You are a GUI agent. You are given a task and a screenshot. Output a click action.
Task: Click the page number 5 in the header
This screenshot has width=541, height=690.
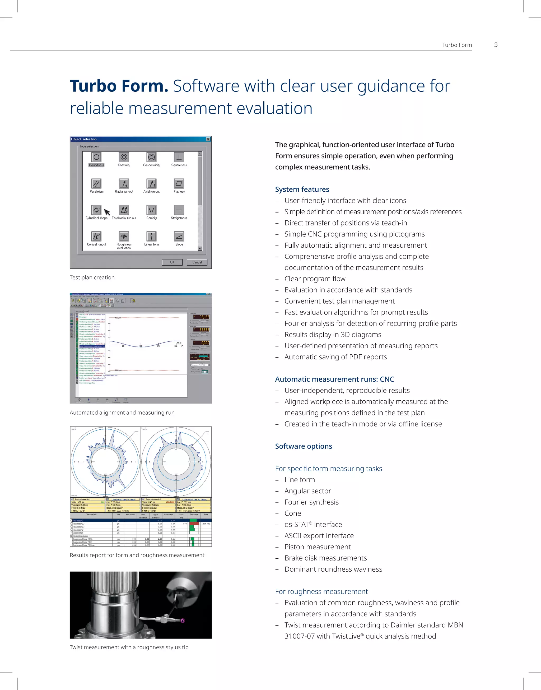(x=496, y=45)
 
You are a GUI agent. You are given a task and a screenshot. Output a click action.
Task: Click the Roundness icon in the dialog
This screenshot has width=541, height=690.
(x=96, y=157)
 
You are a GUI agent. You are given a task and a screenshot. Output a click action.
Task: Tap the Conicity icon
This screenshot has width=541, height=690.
(x=151, y=210)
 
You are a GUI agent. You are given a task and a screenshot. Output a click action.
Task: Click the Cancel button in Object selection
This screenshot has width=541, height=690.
(x=197, y=262)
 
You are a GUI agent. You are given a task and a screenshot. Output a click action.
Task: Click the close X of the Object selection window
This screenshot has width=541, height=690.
(x=208, y=139)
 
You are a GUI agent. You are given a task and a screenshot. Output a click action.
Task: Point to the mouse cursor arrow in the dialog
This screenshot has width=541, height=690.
(x=107, y=212)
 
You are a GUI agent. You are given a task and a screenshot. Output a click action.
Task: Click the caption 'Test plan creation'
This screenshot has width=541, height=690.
(x=92, y=277)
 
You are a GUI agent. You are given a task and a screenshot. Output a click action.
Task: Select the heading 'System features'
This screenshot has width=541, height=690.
(x=302, y=189)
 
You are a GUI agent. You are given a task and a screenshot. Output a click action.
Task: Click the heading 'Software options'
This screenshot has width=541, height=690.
(x=304, y=446)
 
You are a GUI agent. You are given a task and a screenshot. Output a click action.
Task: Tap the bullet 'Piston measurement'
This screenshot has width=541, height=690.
(x=317, y=547)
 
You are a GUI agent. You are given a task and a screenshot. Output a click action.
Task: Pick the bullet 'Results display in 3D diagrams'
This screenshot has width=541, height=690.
(x=333, y=335)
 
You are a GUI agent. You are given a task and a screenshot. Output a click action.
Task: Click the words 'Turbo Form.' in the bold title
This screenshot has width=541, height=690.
(x=119, y=86)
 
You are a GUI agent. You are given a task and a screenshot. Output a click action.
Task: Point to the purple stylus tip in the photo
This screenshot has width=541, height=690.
(x=183, y=620)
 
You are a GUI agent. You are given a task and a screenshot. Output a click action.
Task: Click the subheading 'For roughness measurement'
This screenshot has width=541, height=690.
(x=321, y=591)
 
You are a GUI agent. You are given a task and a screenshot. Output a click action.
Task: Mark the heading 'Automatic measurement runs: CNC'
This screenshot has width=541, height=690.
(x=334, y=379)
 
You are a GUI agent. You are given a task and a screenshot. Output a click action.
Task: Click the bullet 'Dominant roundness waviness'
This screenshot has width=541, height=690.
(x=333, y=569)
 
